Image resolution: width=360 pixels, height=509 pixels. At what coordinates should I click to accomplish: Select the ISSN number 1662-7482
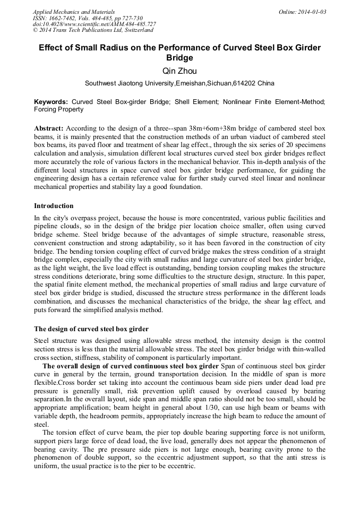62,18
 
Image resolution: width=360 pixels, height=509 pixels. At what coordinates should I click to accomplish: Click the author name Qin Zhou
179,71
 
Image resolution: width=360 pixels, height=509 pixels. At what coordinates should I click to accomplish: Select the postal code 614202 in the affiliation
244,83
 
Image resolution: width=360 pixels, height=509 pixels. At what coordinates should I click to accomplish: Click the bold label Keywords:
51,101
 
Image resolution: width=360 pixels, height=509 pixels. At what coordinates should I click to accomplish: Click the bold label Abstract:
49,128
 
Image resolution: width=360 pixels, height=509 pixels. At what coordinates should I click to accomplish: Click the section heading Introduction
54,206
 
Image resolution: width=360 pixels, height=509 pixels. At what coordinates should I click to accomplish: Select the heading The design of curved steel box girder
91,329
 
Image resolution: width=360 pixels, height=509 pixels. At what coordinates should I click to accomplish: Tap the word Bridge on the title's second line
179,58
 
